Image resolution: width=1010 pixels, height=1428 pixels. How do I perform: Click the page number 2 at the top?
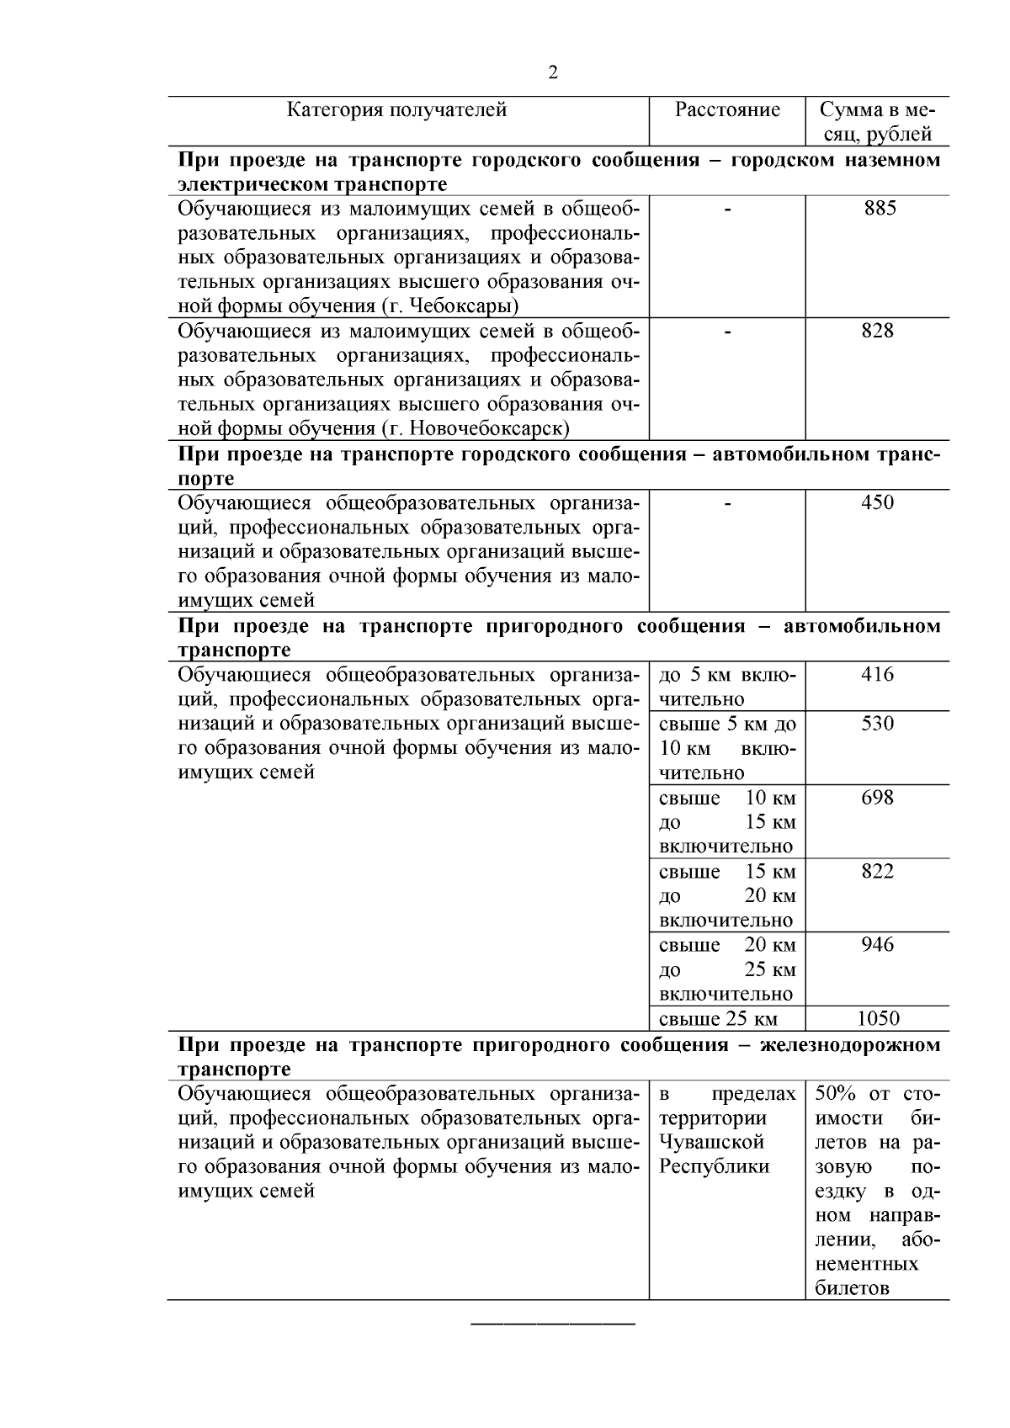click(x=553, y=73)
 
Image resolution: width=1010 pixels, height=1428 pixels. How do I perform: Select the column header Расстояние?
click(x=727, y=110)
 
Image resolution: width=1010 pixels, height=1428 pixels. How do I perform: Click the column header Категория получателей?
click(x=397, y=110)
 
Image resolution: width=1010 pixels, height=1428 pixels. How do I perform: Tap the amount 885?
click(x=880, y=208)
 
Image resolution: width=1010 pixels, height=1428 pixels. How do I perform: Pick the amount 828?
click(x=877, y=331)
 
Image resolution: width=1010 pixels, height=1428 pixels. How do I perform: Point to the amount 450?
click(x=877, y=502)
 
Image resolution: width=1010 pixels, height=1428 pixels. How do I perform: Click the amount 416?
click(x=877, y=674)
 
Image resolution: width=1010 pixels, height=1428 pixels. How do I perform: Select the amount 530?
click(x=877, y=724)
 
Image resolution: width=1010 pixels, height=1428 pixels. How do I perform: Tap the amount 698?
click(x=877, y=797)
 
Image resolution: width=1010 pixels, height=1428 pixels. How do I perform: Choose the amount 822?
click(x=877, y=871)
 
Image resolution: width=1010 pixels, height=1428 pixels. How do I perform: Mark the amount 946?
click(x=877, y=944)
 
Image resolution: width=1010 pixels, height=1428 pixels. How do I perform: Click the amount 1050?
click(x=878, y=1019)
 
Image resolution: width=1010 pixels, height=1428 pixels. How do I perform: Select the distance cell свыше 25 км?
click(x=718, y=1019)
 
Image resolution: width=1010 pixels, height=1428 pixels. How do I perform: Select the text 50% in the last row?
click(x=835, y=1094)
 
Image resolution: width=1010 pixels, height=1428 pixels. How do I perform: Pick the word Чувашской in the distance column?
click(x=711, y=1143)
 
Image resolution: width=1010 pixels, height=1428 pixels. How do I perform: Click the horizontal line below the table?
click(x=552, y=1325)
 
